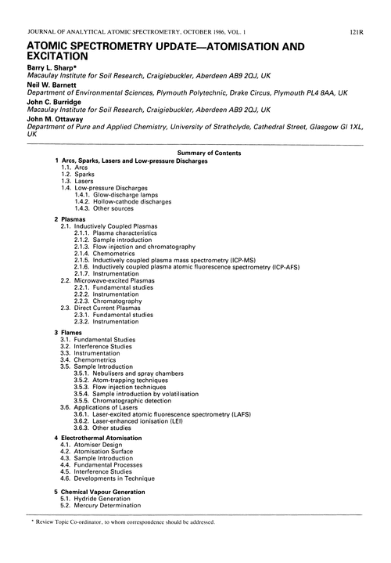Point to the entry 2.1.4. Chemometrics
108,254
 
